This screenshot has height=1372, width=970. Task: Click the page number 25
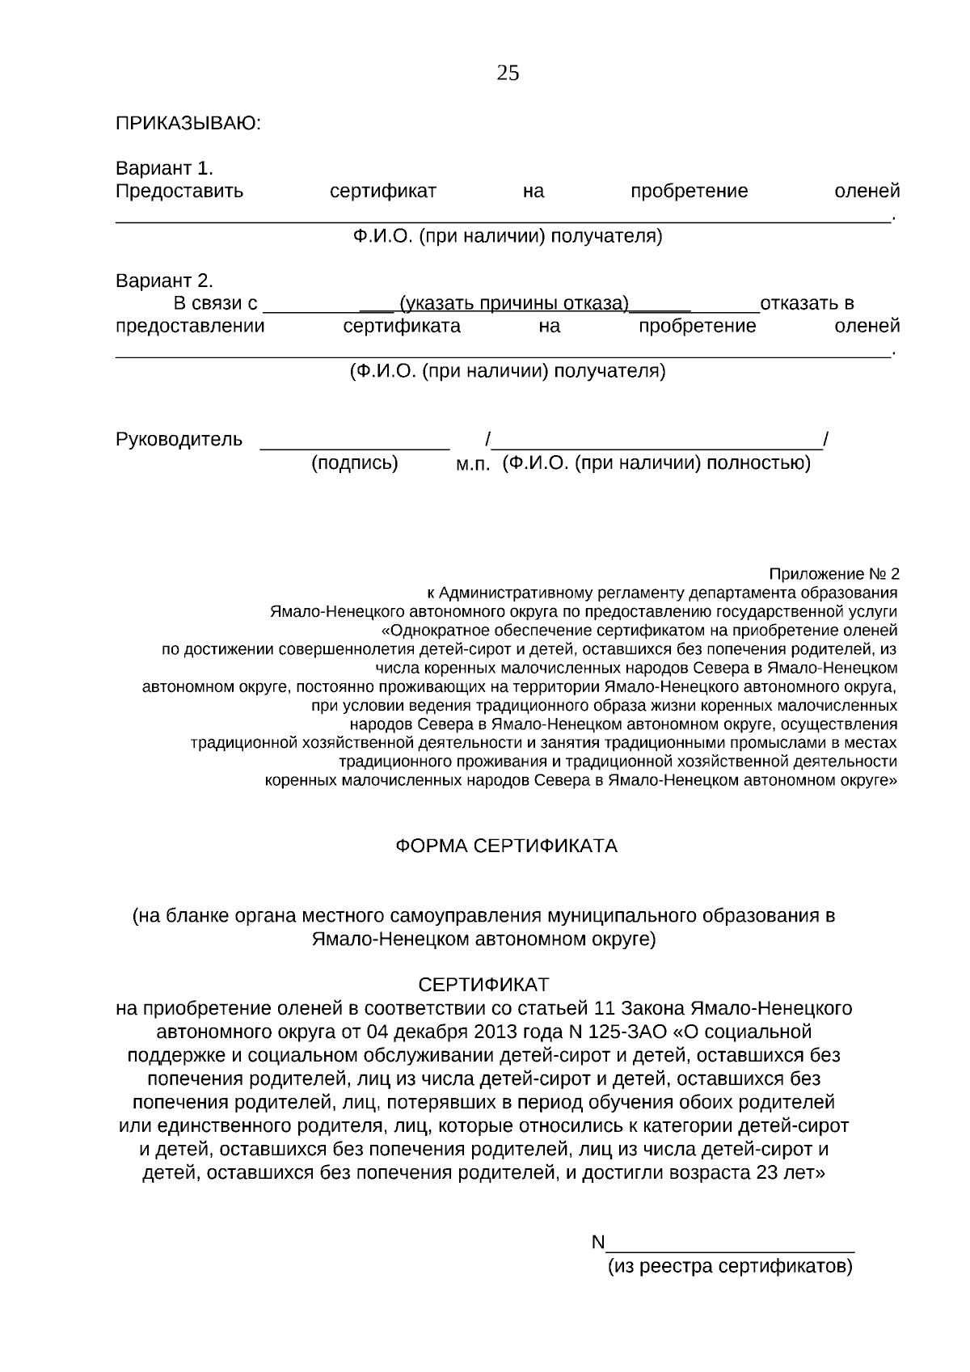pos(508,74)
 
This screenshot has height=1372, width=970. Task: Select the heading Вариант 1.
pos(164,168)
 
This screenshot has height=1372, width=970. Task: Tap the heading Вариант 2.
pos(164,281)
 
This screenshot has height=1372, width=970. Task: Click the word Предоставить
pos(179,192)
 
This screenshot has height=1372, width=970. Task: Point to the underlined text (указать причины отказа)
pos(515,304)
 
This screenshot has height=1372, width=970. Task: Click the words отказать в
pos(806,304)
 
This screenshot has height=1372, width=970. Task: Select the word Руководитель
pos(179,439)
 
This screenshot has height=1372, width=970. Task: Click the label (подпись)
pos(355,464)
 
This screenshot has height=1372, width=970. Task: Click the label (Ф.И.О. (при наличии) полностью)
pos(656,464)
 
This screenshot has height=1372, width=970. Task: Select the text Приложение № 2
pos(833,574)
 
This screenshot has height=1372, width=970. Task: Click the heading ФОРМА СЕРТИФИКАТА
pos(506,846)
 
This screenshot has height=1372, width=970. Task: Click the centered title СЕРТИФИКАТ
pos(483,985)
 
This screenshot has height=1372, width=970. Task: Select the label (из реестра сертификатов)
pos(730,1266)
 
